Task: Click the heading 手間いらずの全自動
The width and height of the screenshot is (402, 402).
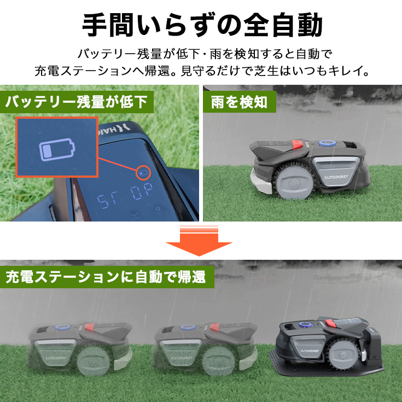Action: tap(202, 25)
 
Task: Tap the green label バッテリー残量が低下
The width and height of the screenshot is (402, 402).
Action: tap(77, 102)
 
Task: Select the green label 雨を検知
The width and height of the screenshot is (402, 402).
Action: tap(239, 102)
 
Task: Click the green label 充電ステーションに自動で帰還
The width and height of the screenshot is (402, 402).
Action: tap(107, 277)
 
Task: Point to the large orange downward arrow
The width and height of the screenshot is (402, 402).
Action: tap(199, 241)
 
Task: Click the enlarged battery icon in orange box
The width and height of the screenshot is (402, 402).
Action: tap(57, 150)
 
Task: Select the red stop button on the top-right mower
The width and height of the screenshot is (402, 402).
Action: tap(297, 144)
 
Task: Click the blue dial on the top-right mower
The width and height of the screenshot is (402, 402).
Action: tap(325, 143)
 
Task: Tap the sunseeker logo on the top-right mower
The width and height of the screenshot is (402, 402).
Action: tap(336, 177)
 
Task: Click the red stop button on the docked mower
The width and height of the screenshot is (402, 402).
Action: tap(331, 323)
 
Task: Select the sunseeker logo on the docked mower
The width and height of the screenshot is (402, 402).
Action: tap(310, 351)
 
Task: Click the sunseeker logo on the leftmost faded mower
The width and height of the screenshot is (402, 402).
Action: tap(56, 358)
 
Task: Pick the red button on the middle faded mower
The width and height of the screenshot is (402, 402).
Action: tap(215, 327)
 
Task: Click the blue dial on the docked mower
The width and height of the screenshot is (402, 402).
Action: tap(305, 324)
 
